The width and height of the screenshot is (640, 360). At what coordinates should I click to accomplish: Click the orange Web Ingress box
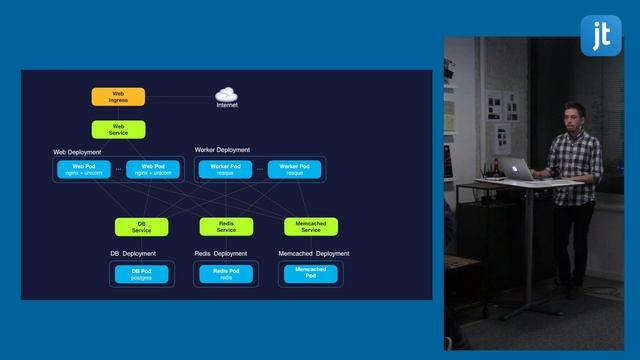[x=118, y=97]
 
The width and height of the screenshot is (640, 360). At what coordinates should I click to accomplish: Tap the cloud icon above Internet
[x=227, y=92]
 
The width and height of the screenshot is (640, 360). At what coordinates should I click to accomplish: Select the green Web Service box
[x=118, y=129]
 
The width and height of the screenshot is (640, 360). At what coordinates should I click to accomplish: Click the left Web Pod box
[x=84, y=169]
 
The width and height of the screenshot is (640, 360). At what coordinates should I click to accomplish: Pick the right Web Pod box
[x=153, y=169]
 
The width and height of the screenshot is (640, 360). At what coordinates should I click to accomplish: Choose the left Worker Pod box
[x=225, y=169]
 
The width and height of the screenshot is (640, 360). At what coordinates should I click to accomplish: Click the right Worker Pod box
[x=294, y=169]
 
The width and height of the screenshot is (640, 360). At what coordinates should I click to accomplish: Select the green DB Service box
[x=142, y=227]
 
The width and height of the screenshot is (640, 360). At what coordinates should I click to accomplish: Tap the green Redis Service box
[x=226, y=227]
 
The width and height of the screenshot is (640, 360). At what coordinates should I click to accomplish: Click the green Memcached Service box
[x=311, y=227]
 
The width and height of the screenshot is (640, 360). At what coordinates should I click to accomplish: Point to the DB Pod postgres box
[x=142, y=273]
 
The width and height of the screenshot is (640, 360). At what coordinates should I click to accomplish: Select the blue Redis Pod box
[x=226, y=273]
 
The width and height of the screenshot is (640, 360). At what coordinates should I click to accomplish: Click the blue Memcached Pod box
[x=311, y=272]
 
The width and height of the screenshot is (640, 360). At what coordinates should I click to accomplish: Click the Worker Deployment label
[x=222, y=150]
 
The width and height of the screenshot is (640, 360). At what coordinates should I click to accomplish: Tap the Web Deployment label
[x=77, y=151]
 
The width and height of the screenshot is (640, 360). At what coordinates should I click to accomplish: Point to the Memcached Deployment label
[x=313, y=254]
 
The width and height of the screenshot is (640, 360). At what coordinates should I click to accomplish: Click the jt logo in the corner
[x=602, y=35]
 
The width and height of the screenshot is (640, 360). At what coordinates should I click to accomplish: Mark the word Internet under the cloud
[x=227, y=104]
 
